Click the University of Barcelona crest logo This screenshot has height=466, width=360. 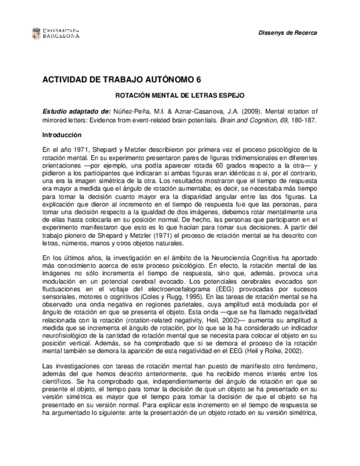[x=36, y=32]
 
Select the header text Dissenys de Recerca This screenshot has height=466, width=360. [x=287, y=33]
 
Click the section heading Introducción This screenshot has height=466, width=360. [x=62, y=135]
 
